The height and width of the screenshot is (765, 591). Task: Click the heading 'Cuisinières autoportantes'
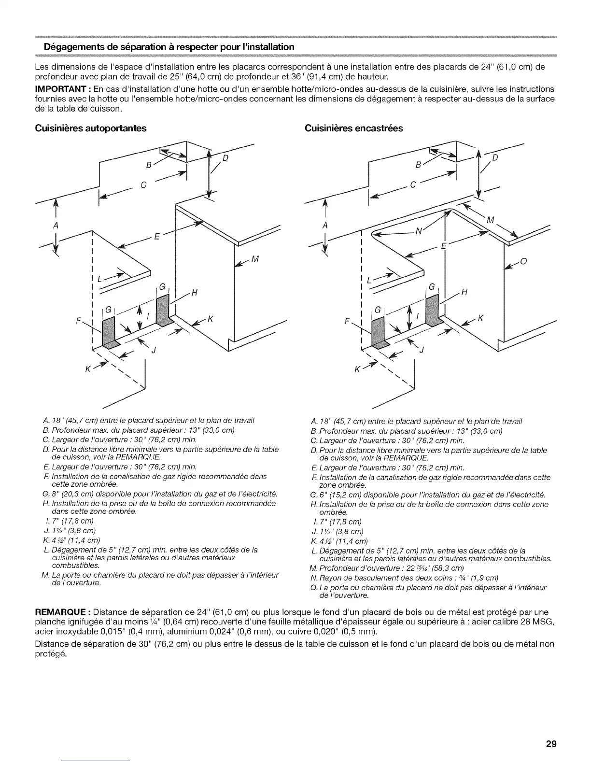pyautogui.click(x=91, y=128)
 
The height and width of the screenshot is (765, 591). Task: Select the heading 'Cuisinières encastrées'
pyautogui.click(x=353, y=128)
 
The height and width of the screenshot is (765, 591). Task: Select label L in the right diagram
pyautogui.click(x=369, y=280)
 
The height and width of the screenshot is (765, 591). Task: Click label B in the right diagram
pyautogui.click(x=418, y=165)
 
